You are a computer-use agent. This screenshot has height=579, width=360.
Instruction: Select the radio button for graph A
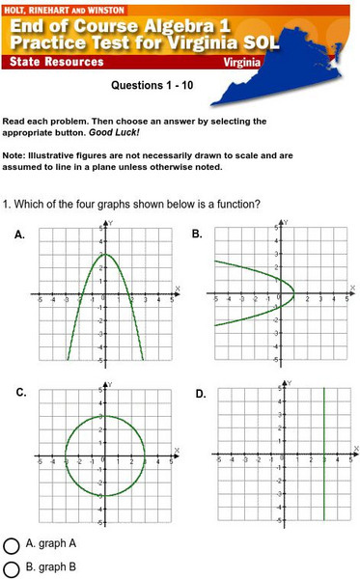click(x=13, y=544)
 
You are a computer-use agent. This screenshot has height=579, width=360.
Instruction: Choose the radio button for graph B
click(x=13, y=568)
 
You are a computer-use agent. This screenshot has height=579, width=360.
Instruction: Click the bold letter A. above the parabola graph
click(x=20, y=234)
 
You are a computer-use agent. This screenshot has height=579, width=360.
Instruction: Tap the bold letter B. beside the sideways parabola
click(x=197, y=234)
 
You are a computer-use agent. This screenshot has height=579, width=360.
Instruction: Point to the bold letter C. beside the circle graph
click(x=20, y=394)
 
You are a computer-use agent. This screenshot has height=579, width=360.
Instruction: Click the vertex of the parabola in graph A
click(x=105, y=255)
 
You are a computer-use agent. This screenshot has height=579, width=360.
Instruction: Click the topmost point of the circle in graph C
click(x=105, y=416)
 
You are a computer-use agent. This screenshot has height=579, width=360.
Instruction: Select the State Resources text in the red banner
click(x=57, y=62)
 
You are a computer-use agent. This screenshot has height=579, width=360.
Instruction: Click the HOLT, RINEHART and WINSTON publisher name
click(x=58, y=7)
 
